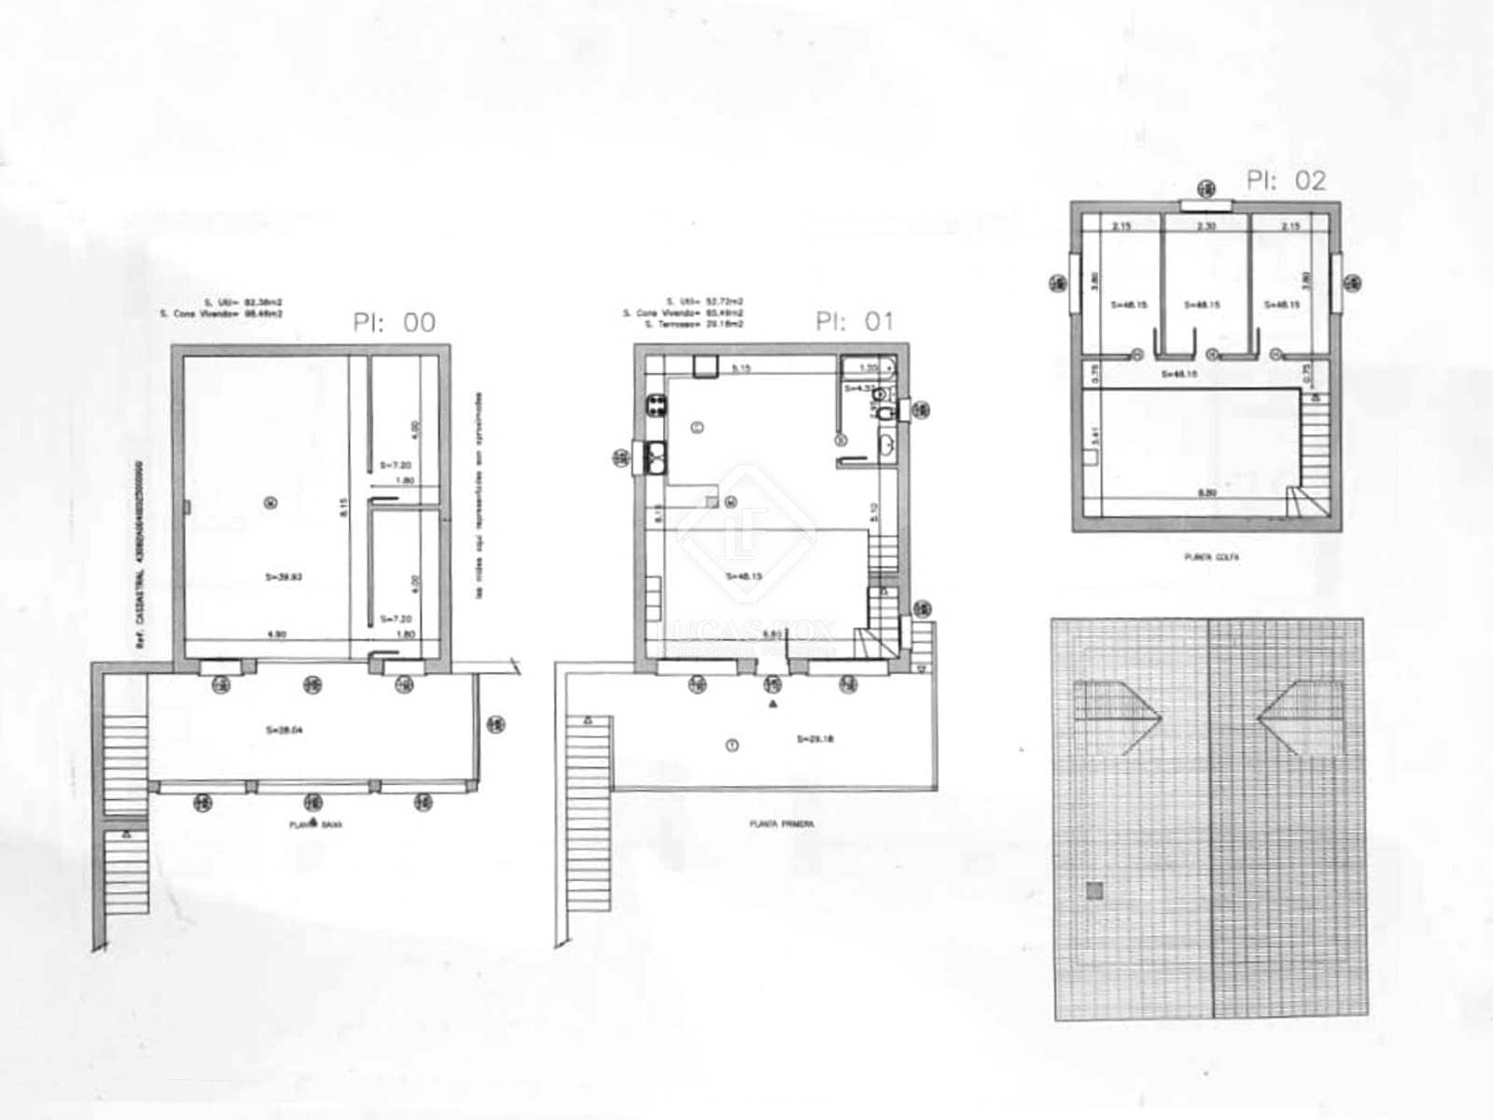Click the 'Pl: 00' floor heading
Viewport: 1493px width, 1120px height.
(x=394, y=323)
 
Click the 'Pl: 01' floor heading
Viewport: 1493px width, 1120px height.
(x=854, y=322)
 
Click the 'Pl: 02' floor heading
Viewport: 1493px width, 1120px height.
(x=1286, y=180)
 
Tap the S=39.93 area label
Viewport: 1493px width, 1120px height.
(x=284, y=578)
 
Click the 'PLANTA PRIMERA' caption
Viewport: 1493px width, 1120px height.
(x=782, y=824)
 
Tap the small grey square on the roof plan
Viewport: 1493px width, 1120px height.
(x=1095, y=891)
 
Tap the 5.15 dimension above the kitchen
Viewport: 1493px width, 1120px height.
(x=741, y=369)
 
